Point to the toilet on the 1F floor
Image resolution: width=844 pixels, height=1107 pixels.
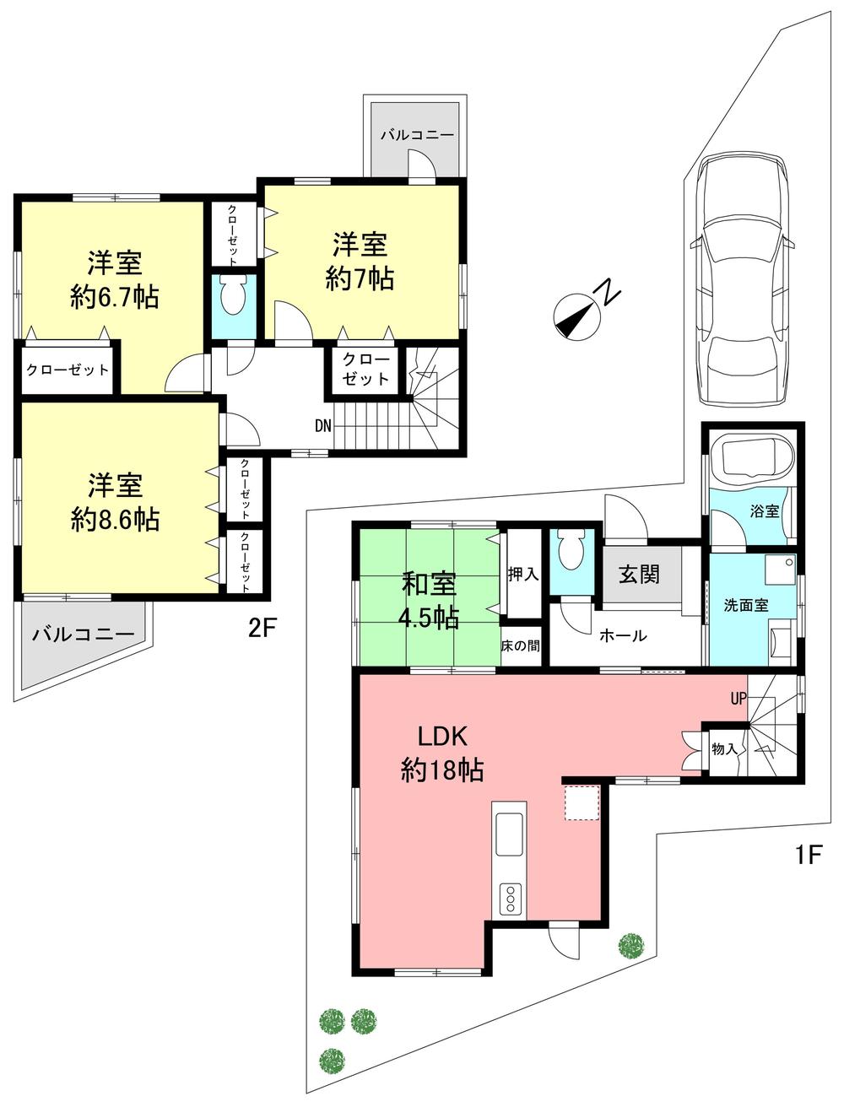[571, 553]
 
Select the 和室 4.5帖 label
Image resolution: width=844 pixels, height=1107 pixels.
[429, 600]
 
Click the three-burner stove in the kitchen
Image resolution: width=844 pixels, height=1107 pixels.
[510, 899]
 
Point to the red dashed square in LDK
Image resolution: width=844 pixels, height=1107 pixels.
[581, 802]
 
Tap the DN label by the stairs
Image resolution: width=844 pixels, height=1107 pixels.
[322, 426]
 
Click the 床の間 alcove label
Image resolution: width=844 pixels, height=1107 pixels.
[520, 645]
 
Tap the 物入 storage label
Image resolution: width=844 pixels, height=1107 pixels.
[724, 748]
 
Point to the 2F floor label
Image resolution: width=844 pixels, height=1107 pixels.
[262, 629]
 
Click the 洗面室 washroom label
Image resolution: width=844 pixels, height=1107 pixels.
[746, 606]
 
